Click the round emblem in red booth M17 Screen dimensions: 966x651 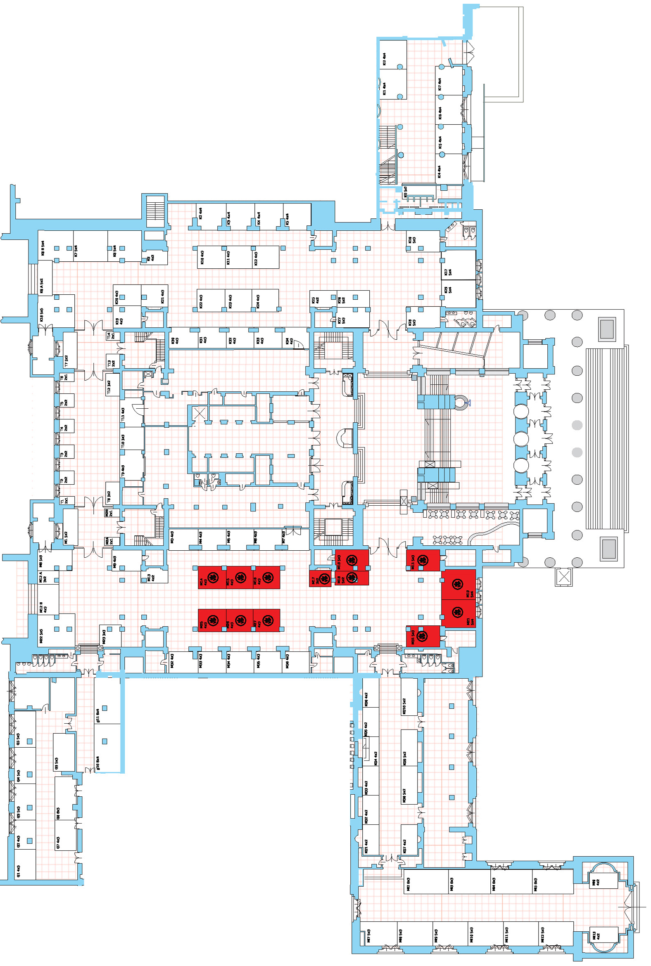pyautogui.click(x=325, y=579)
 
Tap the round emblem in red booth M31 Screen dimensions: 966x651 pyautogui.click(x=422, y=636)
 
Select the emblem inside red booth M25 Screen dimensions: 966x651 pyautogui.click(x=213, y=621)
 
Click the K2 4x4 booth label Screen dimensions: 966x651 pyautogui.click(x=200, y=213)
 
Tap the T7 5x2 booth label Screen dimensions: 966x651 pyautogui.click(x=66, y=360)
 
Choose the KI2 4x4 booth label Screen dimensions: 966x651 pyautogui.click(x=384, y=59)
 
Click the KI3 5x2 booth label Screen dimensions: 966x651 pyautogui.click(x=405, y=191)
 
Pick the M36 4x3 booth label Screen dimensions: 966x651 pyautogui.click(x=287, y=659)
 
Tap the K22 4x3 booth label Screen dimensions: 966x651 pyautogui.click(x=201, y=301)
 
